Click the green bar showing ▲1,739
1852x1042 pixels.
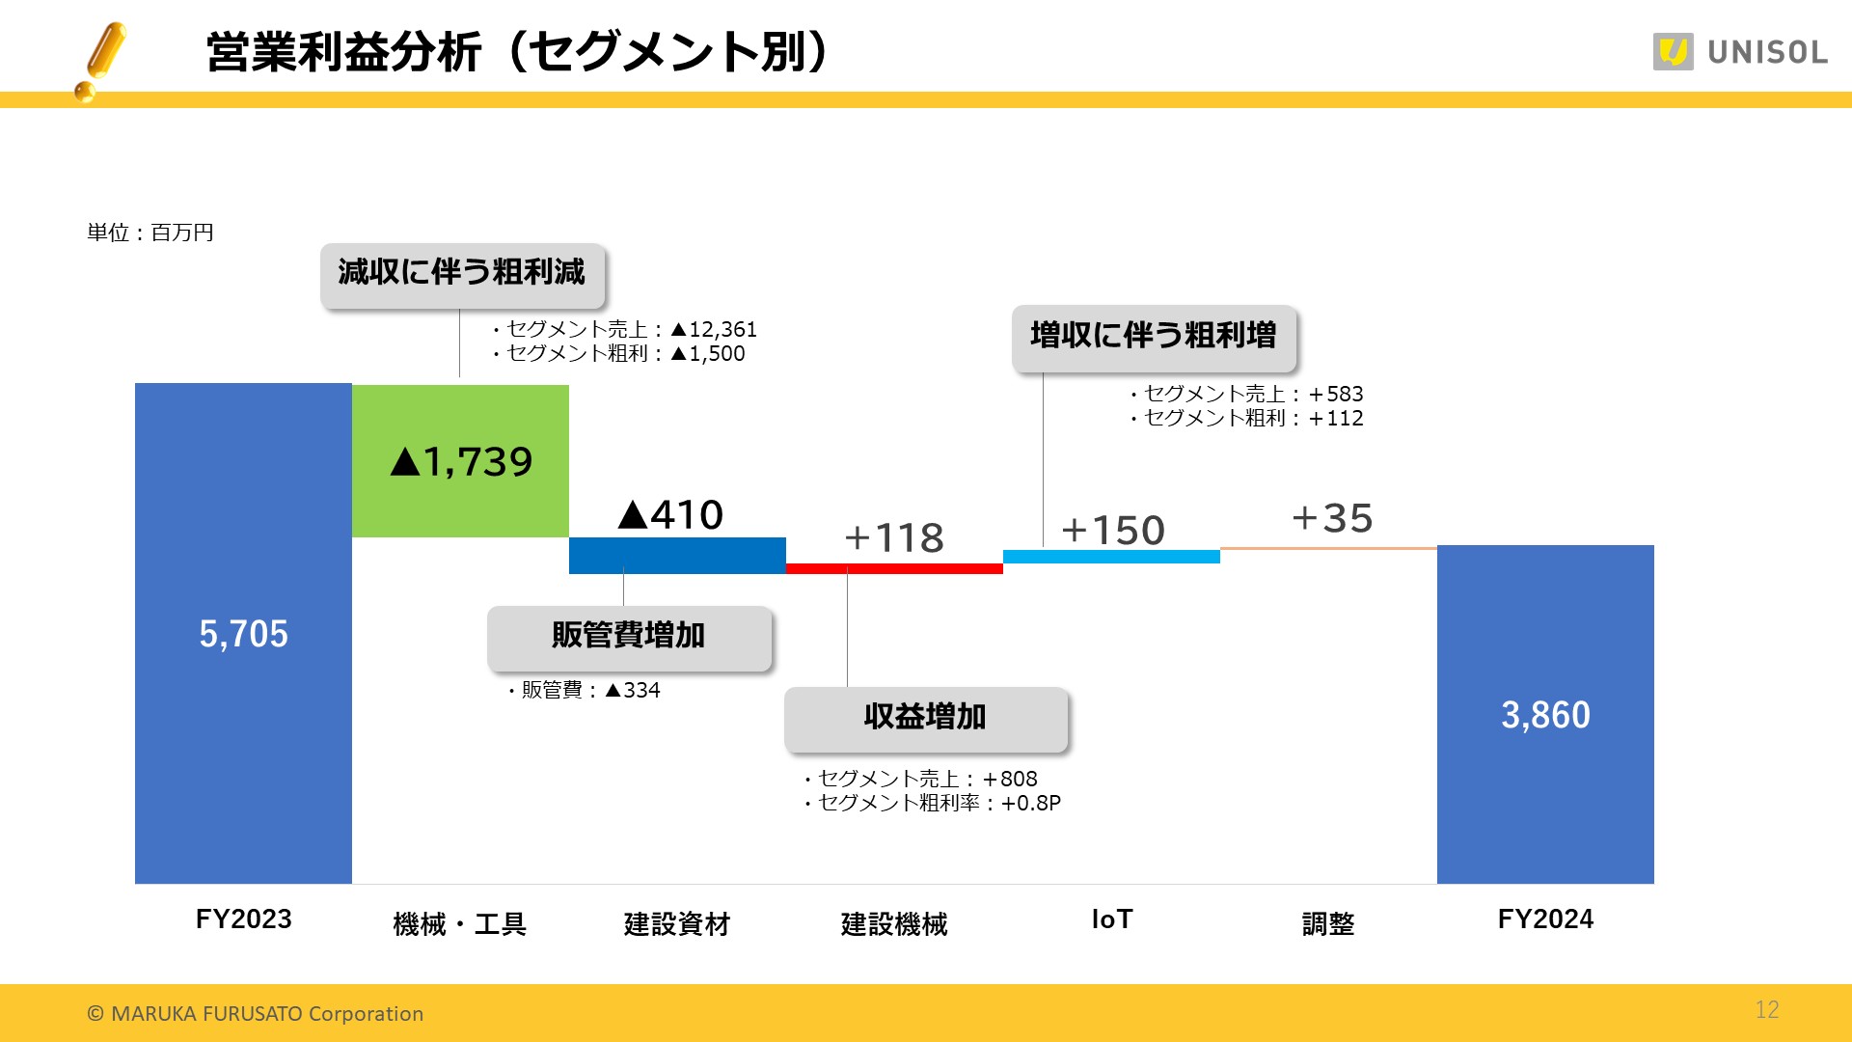point(460,460)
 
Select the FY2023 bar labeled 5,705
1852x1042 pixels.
point(243,633)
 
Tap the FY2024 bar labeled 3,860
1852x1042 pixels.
point(1545,714)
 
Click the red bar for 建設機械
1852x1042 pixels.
point(894,568)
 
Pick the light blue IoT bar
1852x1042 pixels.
point(1111,557)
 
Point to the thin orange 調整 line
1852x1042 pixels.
point(1328,548)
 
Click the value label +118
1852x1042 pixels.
point(894,537)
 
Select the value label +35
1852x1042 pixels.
point(1332,518)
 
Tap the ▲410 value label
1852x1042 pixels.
point(671,514)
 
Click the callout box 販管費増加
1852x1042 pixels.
point(629,637)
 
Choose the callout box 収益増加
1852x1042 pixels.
point(925,718)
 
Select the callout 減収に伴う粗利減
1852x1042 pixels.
point(462,274)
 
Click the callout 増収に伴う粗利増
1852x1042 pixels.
point(1153,337)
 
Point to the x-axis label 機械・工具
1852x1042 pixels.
point(460,923)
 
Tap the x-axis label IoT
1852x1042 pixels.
point(1111,919)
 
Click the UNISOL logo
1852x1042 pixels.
point(1740,52)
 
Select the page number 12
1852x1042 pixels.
point(1766,1009)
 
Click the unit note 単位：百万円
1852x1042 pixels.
point(150,233)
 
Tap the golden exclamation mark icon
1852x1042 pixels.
point(101,61)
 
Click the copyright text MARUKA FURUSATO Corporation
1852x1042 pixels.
point(256,1013)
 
